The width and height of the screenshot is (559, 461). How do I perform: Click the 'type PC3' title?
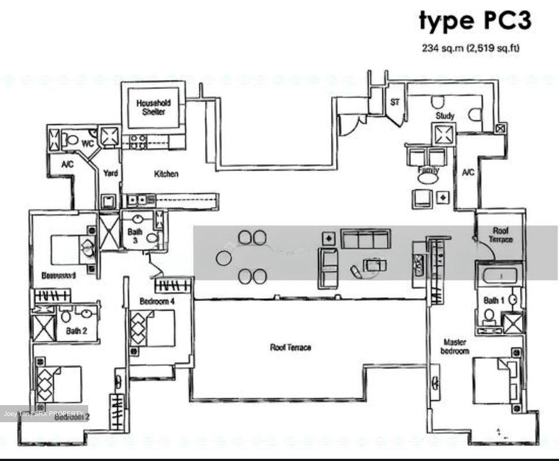(474, 21)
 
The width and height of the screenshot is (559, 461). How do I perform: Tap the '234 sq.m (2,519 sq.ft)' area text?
(470, 49)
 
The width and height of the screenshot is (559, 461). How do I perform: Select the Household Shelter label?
(153, 107)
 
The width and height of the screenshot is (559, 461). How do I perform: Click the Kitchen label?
(166, 174)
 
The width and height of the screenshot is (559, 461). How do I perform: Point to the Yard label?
(110, 173)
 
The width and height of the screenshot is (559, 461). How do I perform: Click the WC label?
(87, 144)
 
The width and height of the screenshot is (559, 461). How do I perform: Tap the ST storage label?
(395, 102)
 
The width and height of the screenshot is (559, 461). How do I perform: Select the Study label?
(444, 116)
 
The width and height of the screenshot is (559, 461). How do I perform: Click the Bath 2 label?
(76, 331)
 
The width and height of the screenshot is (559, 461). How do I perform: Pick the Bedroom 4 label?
(154, 301)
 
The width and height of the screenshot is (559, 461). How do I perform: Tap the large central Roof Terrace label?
(290, 347)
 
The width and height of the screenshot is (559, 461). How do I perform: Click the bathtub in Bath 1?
(499, 276)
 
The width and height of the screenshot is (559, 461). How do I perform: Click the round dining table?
(224, 257)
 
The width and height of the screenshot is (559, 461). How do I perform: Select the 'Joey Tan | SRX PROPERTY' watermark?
(44, 413)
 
